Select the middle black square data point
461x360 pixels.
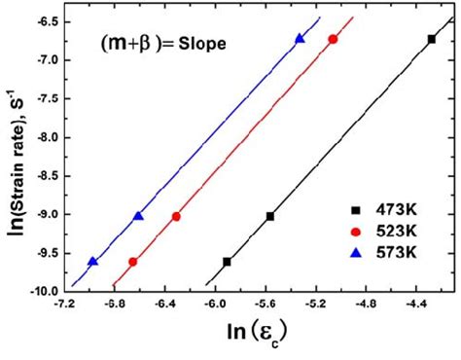pyautogui.click(x=269, y=216)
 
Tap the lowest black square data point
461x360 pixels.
pyautogui.click(x=227, y=262)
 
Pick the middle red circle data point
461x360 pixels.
pyautogui.click(x=176, y=216)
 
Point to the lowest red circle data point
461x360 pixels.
pyautogui.click(x=132, y=262)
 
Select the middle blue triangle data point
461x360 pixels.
pyautogui.click(x=138, y=216)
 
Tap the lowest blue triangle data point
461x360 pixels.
pyautogui.click(x=92, y=262)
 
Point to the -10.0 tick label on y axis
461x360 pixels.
pyautogui.click(x=43, y=291)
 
